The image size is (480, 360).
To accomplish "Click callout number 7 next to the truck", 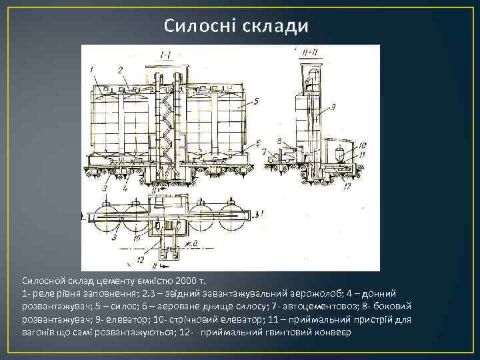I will click(265, 151).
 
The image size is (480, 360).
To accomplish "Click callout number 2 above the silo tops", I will click(121, 69).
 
